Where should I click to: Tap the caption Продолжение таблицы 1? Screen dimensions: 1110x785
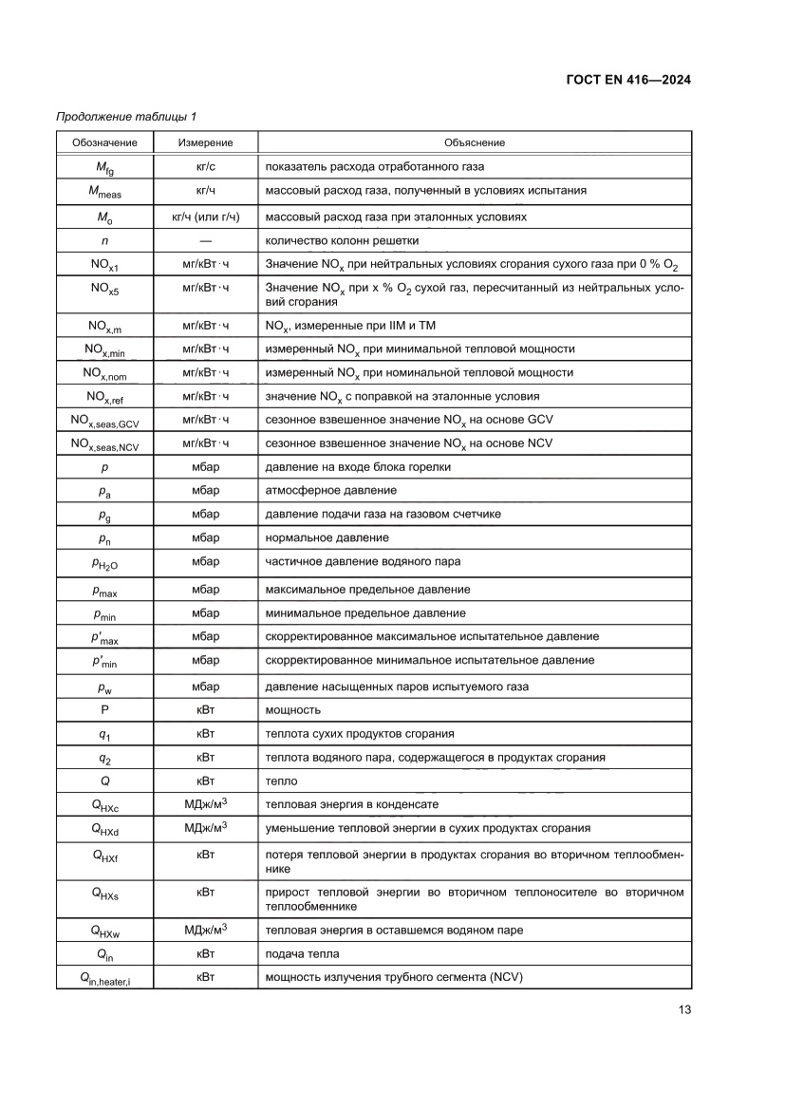tap(126, 117)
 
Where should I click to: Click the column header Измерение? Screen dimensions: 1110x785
tap(205, 142)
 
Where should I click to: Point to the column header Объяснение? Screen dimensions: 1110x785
tap(474, 142)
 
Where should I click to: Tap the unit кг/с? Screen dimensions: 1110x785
tap(205, 166)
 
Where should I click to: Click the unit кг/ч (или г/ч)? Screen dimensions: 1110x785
tap(205, 216)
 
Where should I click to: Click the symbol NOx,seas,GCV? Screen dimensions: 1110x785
tap(104, 420)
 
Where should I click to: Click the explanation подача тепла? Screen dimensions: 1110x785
tap(302, 953)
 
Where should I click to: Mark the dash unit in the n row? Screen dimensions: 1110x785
tap(205, 240)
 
